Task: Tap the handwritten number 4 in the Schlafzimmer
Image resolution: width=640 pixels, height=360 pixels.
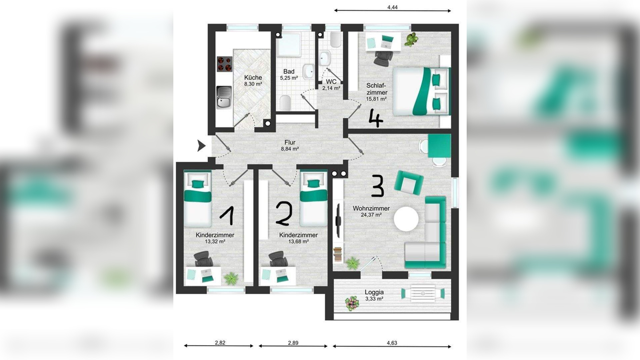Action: click(x=376, y=119)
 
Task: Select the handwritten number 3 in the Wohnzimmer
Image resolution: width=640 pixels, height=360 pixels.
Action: click(x=378, y=186)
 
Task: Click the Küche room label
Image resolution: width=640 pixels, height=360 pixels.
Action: click(x=253, y=78)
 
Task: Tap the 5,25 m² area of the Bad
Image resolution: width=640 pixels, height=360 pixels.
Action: click(x=289, y=78)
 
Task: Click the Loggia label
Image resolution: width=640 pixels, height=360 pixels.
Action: click(x=374, y=292)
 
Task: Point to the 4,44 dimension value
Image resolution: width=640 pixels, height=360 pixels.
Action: click(x=393, y=7)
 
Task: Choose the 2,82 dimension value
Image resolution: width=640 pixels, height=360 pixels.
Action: click(x=220, y=342)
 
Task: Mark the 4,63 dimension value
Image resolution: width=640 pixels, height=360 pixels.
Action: click(x=392, y=342)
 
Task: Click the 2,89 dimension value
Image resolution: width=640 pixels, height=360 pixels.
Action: click(x=293, y=342)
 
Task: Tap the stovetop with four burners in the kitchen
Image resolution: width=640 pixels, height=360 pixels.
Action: click(x=224, y=64)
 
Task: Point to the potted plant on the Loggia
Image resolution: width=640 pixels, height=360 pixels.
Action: click(x=352, y=303)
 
